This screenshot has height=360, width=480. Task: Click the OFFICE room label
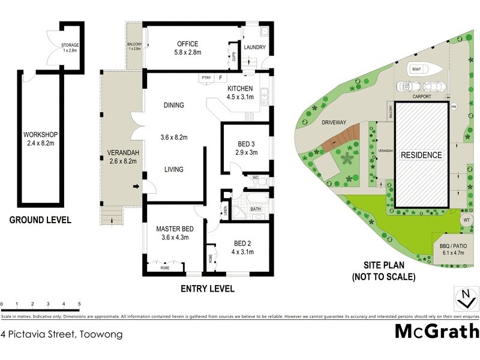(x=187, y=44)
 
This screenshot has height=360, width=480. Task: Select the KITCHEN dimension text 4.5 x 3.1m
(x=240, y=99)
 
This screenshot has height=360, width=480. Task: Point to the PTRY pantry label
(x=206, y=78)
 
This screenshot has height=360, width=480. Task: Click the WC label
(x=255, y=178)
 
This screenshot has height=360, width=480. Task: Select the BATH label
(x=256, y=209)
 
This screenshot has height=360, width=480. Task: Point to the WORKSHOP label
(x=40, y=134)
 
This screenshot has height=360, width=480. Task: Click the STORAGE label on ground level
(x=70, y=46)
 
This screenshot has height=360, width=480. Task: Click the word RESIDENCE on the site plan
(x=421, y=155)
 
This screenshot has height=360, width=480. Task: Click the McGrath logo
(x=436, y=331)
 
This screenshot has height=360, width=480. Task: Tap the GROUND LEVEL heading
(x=40, y=220)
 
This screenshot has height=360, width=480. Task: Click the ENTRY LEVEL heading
(x=208, y=289)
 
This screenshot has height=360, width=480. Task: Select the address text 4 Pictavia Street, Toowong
(x=61, y=334)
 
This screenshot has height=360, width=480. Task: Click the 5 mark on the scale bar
(x=79, y=305)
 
